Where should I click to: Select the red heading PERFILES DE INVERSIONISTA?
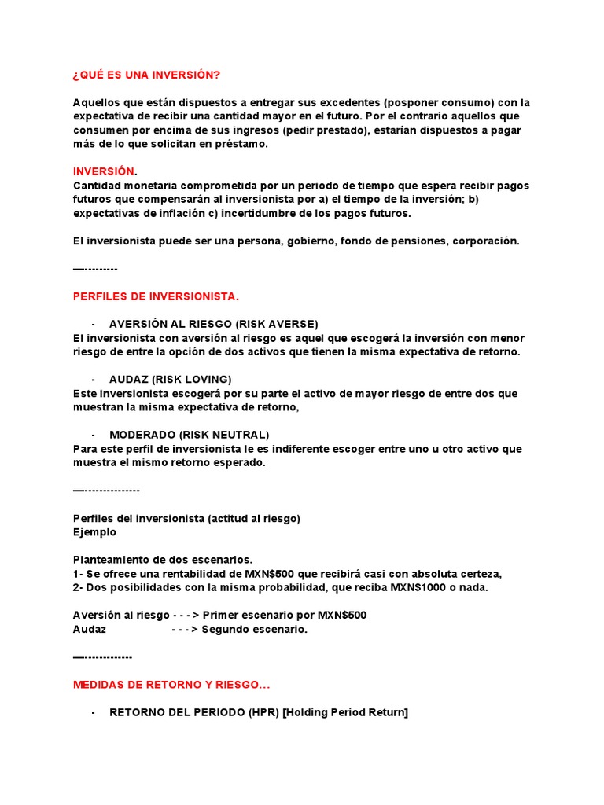point(155,296)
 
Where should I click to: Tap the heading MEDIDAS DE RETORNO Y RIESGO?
point(171,685)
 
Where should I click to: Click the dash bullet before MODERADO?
point(94,435)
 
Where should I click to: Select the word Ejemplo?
point(94,532)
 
